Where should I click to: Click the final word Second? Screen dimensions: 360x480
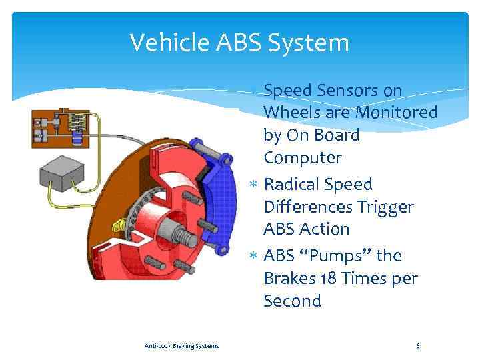point(292,301)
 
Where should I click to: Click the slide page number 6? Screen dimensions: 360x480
point(417,345)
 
